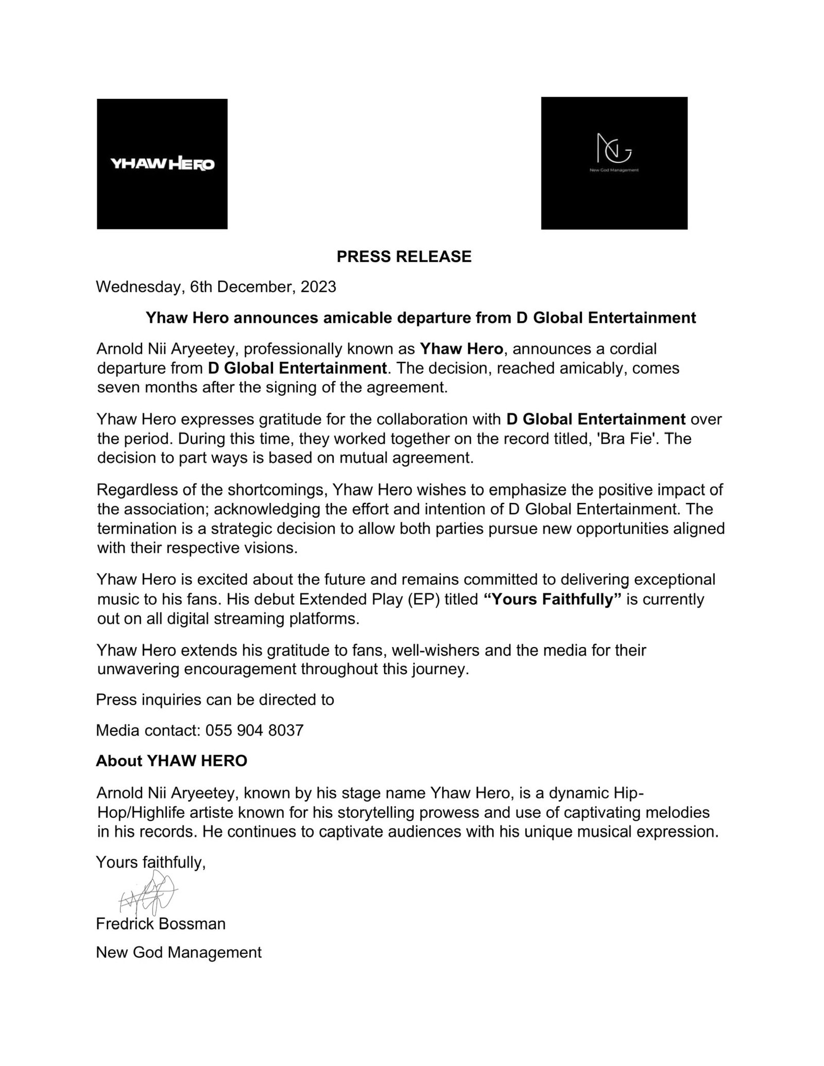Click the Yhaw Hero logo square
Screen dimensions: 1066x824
(162, 164)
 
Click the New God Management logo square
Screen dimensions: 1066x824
(614, 163)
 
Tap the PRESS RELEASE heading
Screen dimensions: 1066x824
(404, 256)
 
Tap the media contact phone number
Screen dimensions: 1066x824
(254, 730)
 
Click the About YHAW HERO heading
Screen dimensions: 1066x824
(171, 761)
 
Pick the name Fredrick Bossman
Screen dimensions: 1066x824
(161, 923)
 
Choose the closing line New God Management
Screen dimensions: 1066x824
(179, 952)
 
